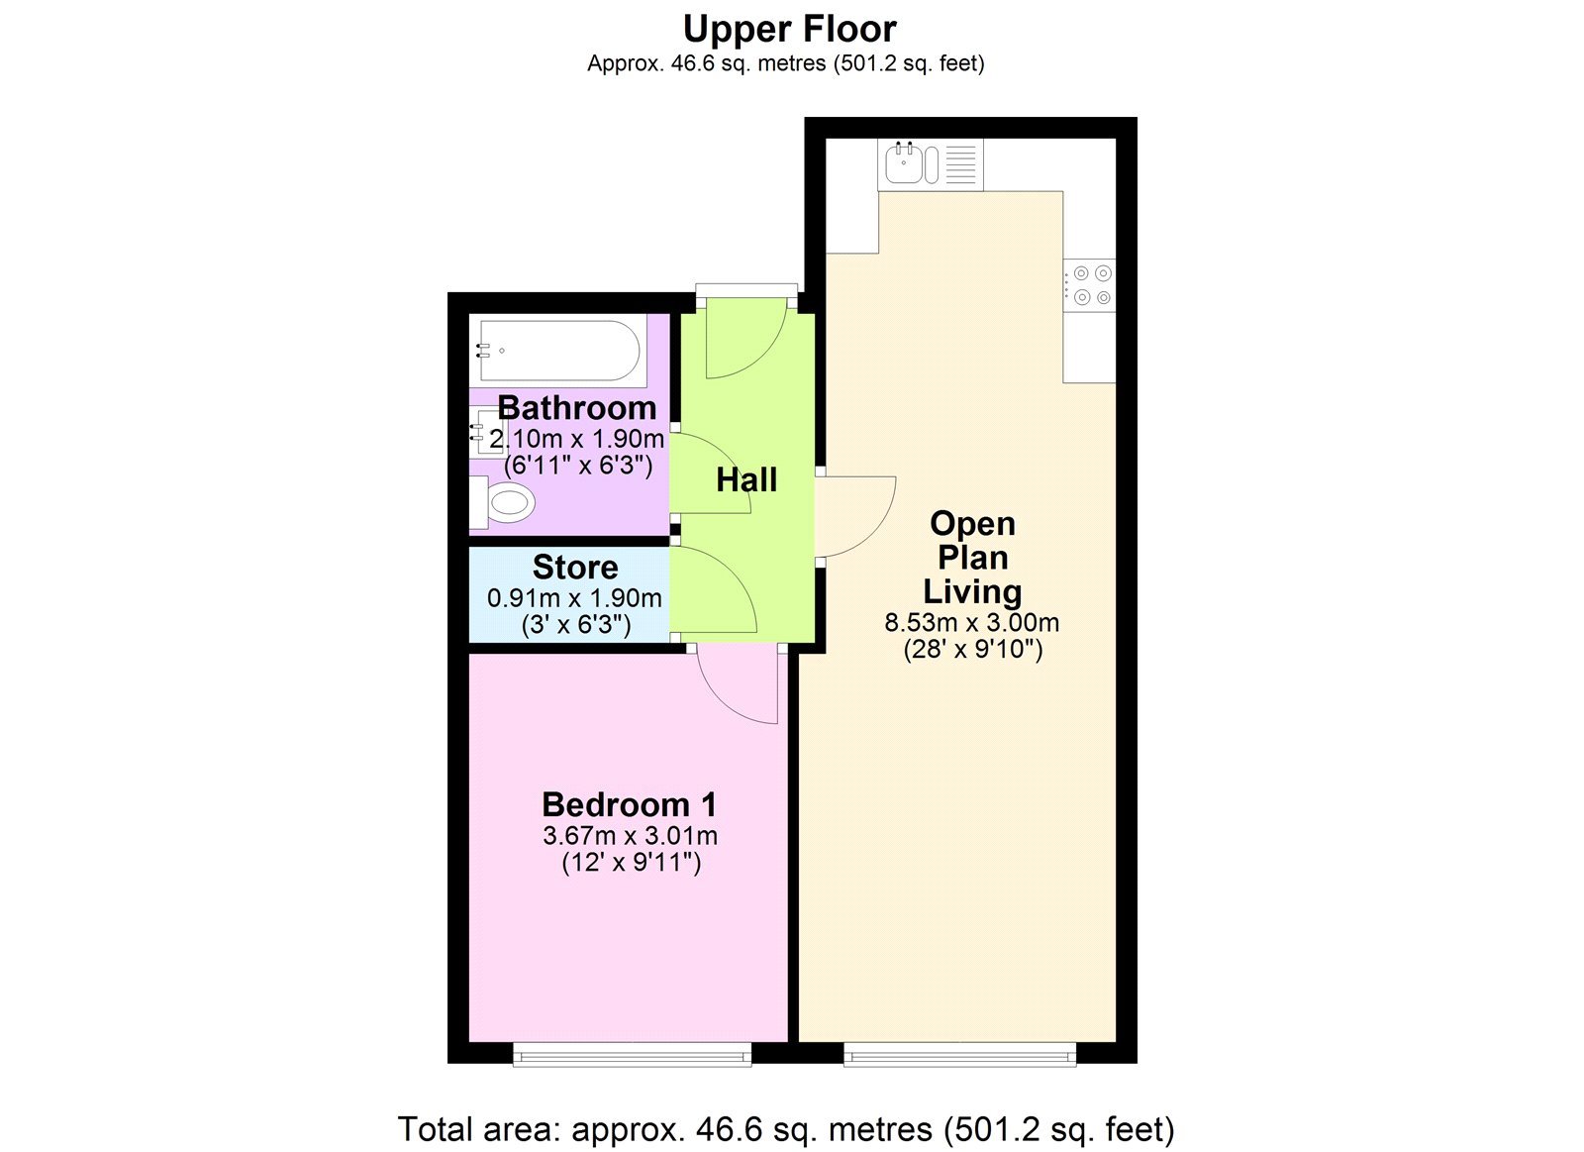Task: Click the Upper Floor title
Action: (x=789, y=30)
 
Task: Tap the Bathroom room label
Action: (x=577, y=408)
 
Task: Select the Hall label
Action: (x=746, y=479)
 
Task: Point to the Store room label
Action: (x=575, y=567)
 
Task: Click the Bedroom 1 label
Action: (x=630, y=804)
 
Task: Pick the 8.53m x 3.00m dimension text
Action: (x=971, y=623)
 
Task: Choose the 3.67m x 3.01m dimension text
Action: (x=630, y=836)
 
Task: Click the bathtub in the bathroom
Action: (x=559, y=351)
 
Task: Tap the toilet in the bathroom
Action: (x=503, y=502)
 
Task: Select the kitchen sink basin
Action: (x=902, y=164)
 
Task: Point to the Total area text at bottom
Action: (x=786, y=1128)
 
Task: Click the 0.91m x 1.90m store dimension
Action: (x=574, y=598)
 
